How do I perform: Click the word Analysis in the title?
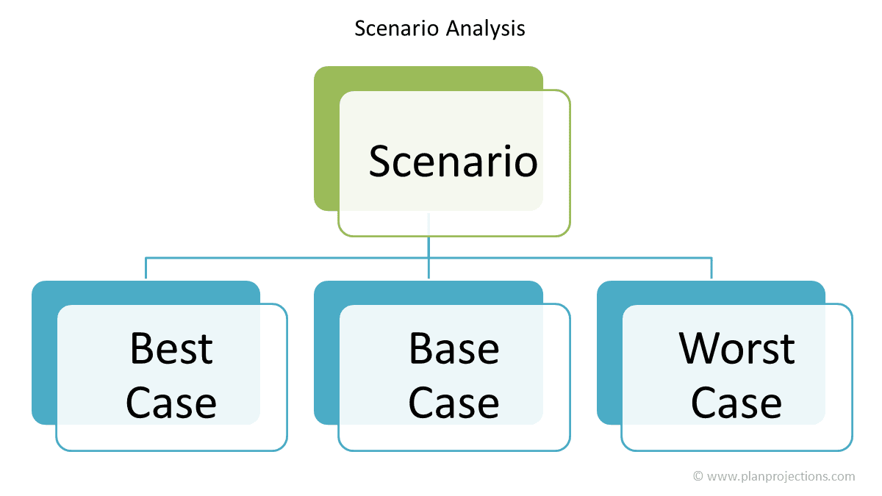click(x=486, y=29)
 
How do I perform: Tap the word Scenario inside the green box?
click(x=453, y=162)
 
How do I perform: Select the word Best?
click(x=172, y=348)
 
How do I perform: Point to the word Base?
click(x=454, y=348)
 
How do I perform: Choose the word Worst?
click(x=736, y=348)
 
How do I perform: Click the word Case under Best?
click(x=171, y=403)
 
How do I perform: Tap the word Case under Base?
click(x=454, y=403)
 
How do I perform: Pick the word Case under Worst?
click(x=736, y=403)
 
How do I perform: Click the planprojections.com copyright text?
click(x=774, y=477)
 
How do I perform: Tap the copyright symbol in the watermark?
click(x=698, y=476)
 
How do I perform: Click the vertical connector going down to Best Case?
click(x=146, y=268)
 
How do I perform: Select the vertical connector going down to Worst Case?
click(x=711, y=268)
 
